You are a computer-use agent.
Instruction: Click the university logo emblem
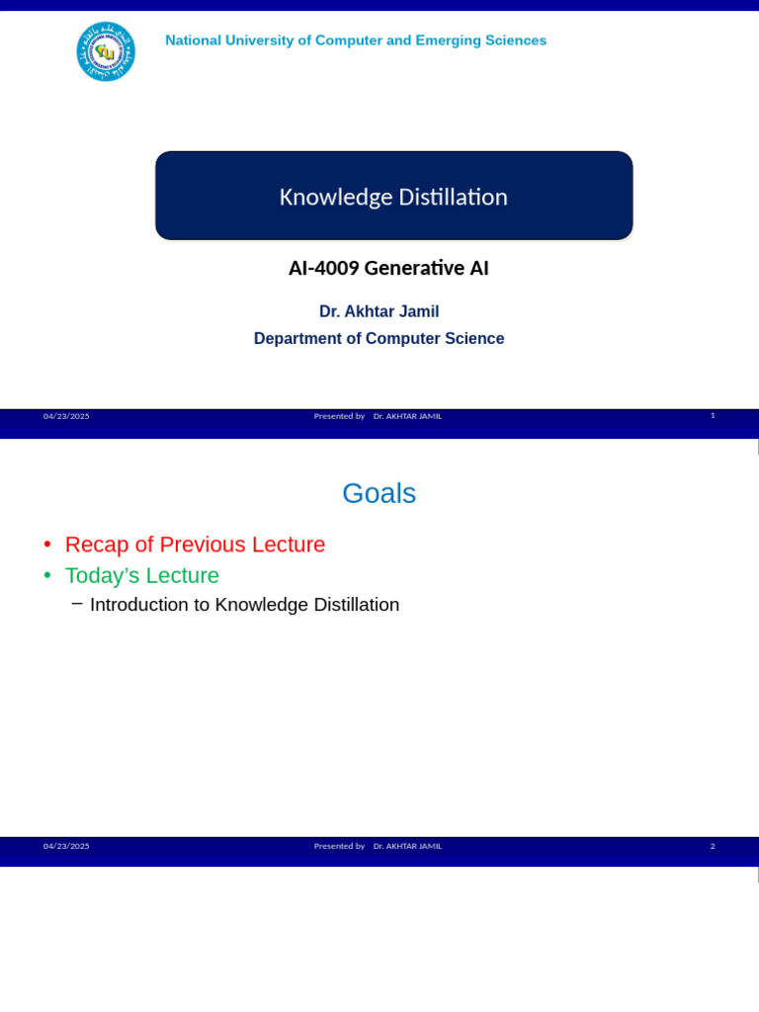(x=106, y=51)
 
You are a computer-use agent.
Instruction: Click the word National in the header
(x=196, y=41)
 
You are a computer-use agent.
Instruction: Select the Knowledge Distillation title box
(x=393, y=196)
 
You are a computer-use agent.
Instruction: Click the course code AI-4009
(x=322, y=268)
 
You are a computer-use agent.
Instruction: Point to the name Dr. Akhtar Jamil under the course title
(x=379, y=311)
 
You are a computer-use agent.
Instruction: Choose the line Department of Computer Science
(x=379, y=338)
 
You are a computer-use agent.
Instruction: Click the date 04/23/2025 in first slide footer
(x=66, y=416)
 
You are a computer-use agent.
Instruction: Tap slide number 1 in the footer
(x=713, y=415)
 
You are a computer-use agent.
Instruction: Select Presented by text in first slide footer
(x=339, y=416)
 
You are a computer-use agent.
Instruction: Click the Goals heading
(x=379, y=493)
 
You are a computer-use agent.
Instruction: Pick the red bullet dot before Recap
(x=46, y=546)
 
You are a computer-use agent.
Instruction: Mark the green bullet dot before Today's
(x=46, y=576)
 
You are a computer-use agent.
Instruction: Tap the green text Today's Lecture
(x=141, y=575)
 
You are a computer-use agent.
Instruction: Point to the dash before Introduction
(x=77, y=603)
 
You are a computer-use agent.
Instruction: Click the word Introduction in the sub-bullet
(x=139, y=605)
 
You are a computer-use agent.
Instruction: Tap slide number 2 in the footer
(x=713, y=846)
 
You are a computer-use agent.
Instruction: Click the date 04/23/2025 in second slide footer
(x=66, y=846)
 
